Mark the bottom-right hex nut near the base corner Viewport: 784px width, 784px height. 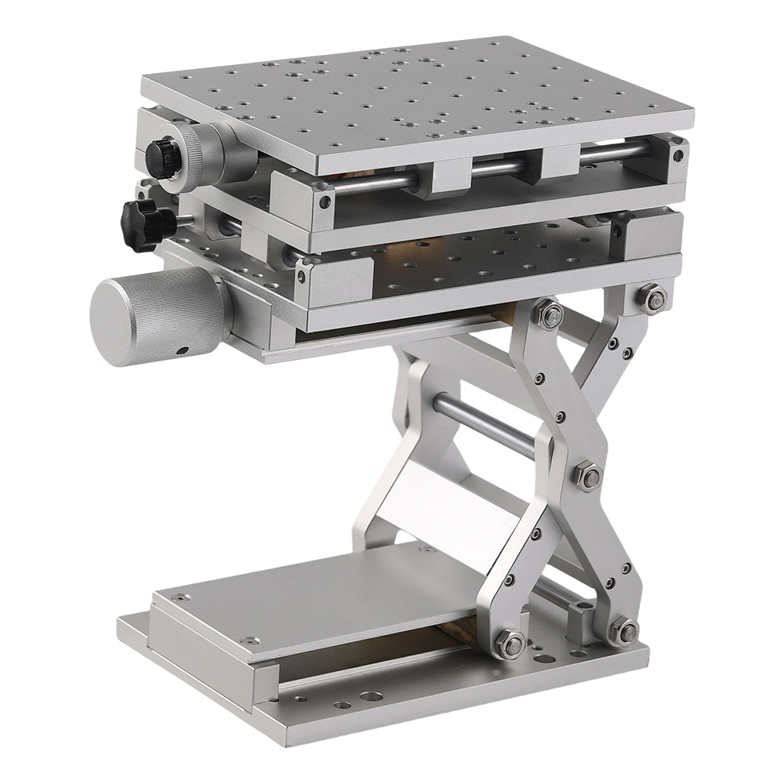[x=624, y=629]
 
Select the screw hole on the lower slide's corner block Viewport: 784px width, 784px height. [x=299, y=275]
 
